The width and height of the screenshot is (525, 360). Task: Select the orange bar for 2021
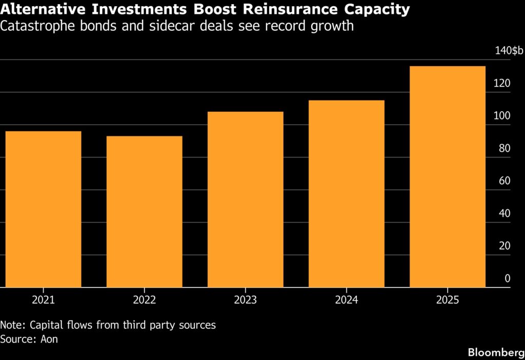43,209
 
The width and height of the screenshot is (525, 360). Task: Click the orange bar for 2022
144,211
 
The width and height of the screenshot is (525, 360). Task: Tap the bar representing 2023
245,199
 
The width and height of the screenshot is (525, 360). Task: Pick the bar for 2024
346,194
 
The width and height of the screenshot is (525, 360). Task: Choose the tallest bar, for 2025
447,176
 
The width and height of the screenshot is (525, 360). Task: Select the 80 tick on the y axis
505,149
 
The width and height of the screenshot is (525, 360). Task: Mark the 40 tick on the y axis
505,213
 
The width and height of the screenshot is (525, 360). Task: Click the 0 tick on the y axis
508,278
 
